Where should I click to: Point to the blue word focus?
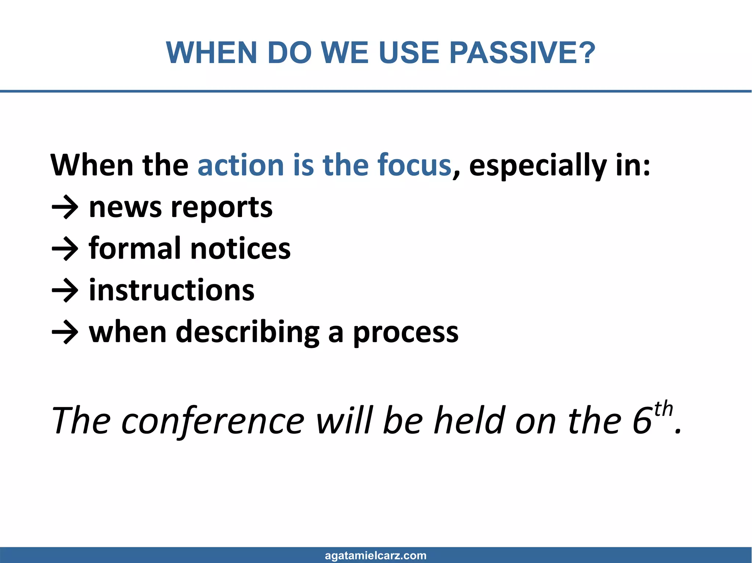(x=414, y=165)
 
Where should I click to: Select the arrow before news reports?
(x=65, y=208)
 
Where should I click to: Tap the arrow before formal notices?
(x=65, y=249)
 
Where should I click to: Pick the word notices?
(x=241, y=249)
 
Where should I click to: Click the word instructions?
(x=171, y=290)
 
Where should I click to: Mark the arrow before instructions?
(x=65, y=291)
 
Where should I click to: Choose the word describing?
(x=248, y=332)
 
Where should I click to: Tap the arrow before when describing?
(x=65, y=333)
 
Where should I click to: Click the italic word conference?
(x=213, y=421)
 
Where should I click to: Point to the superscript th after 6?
(x=663, y=409)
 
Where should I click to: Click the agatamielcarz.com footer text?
(x=376, y=555)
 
